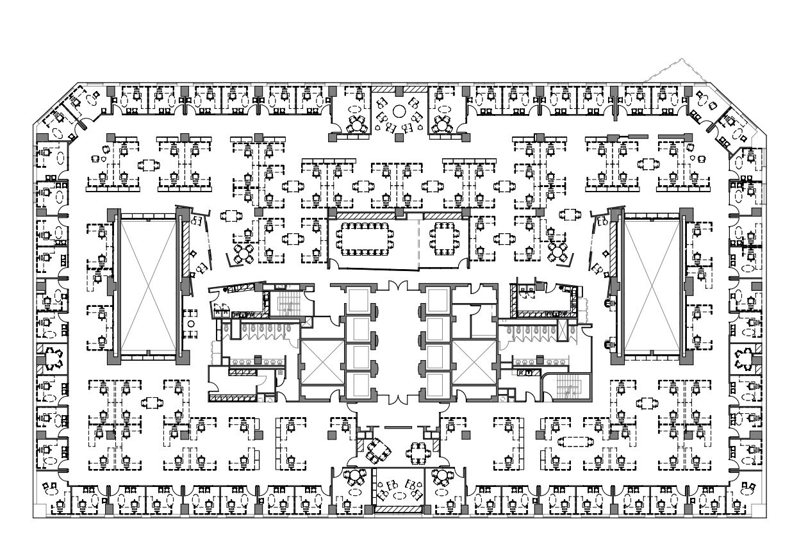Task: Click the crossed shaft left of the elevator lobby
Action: [x=320, y=362]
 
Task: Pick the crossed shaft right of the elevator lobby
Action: [x=474, y=362]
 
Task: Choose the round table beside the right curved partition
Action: [x=560, y=251]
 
